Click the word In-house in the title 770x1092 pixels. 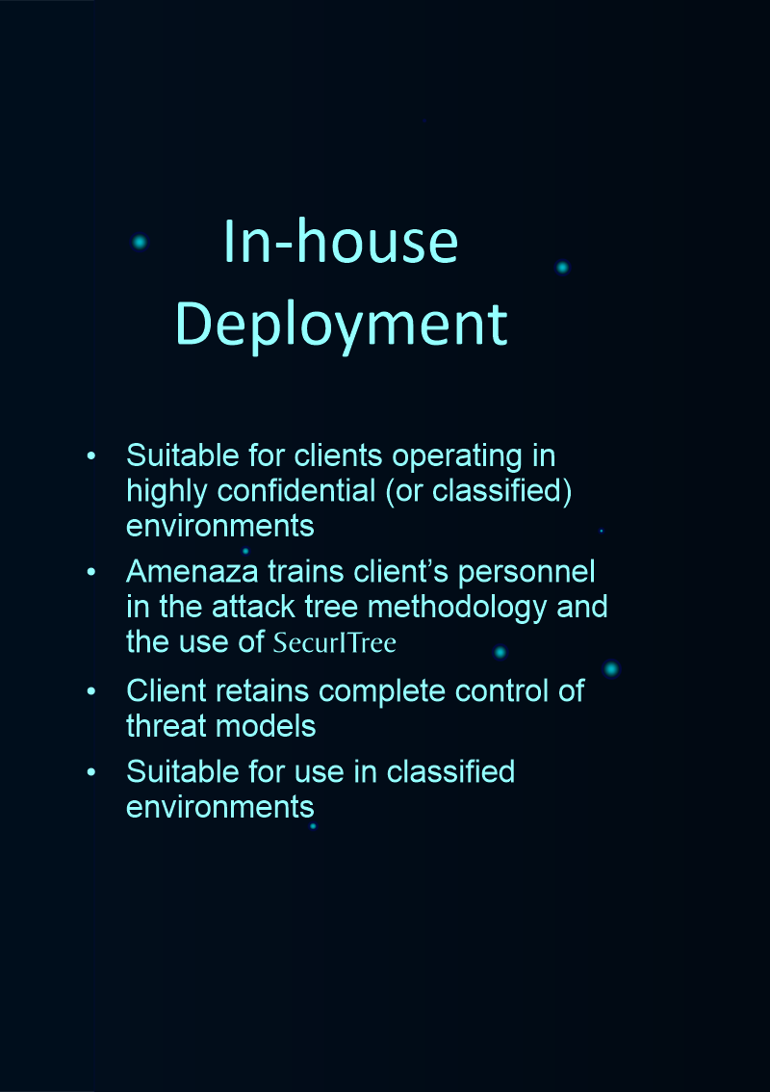click(340, 242)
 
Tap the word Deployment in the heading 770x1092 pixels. click(341, 324)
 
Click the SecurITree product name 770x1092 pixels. click(334, 642)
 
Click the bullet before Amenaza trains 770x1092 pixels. click(91, 573)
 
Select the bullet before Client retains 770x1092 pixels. click(91, 692)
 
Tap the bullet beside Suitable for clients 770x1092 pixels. click(91, 455)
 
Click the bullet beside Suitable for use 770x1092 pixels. click(91, 772)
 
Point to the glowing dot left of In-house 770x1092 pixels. click(140, 242)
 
